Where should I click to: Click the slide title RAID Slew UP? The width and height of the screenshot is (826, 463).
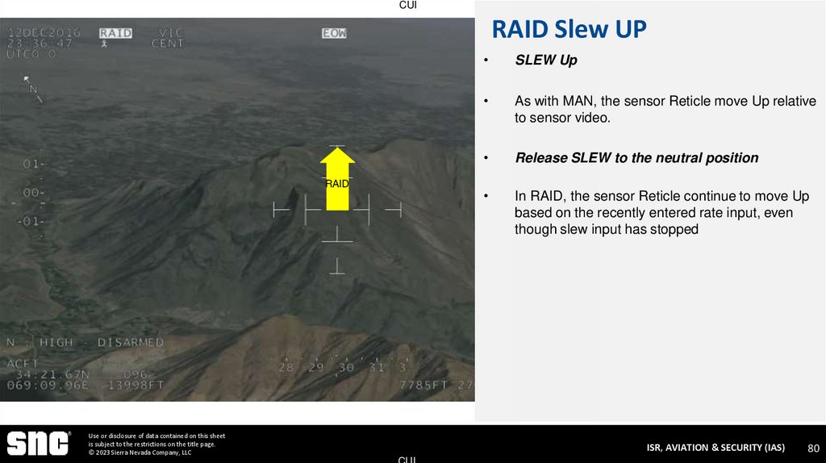click(569, 30)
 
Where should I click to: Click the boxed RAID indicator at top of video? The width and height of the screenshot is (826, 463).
click(115, 33)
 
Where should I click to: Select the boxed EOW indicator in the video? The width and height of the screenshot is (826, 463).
click(333, 33)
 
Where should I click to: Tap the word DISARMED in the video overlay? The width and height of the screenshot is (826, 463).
click(130, 343)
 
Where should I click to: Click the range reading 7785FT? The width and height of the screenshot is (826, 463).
click(423, 385)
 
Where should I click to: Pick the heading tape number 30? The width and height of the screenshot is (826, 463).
click(345, 368)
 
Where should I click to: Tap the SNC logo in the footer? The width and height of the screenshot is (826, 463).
click(38, 444)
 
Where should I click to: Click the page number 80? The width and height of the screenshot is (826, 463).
click(813, 448)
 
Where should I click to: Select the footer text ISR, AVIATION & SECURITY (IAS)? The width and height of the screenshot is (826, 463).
click(715, 448)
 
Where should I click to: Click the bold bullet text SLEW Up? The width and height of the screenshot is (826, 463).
click(546, 60)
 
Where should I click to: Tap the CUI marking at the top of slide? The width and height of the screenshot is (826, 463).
click(408, 6)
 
